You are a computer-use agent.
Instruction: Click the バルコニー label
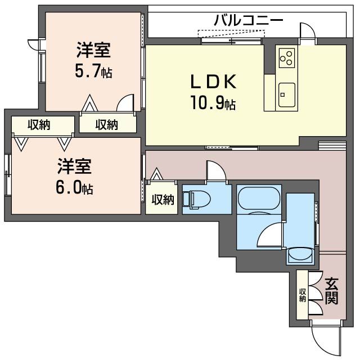click(x=248, y=21)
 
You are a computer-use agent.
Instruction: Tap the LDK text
click(x=213, y=82)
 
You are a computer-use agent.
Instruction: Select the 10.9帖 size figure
click(x=213, y=103)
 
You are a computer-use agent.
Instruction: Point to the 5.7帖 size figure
click(x=93, y=72)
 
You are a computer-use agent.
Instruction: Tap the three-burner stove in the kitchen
click(x=286, y=57)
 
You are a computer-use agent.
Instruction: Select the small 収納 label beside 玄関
click(x=303, y=295)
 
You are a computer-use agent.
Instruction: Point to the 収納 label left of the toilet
click(x=162, y=199)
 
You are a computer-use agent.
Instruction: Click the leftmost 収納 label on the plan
click(x=39, y=125)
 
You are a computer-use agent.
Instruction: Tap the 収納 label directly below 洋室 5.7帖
click(x=106, y=125)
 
